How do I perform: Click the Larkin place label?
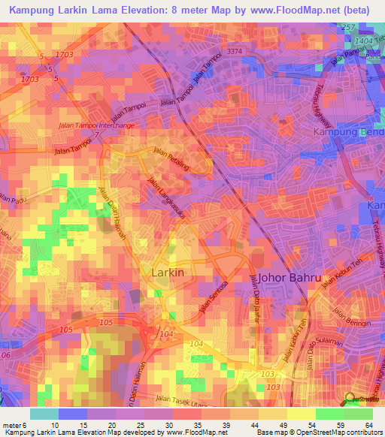pyautogui.click(x=168, y=273)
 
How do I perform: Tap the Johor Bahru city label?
pyautogui.click(x=290, y=278)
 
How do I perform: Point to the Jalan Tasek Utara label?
pyautogui.click(x=180, y=402)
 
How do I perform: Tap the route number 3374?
pyautogui.click(x=235, y=51)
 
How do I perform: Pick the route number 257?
pyautogui.click(x=347, y=27)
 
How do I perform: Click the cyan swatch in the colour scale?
pyautogui.click(x=44, y=414)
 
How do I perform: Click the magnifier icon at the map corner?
pyautogui.click(x=348, y=399)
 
